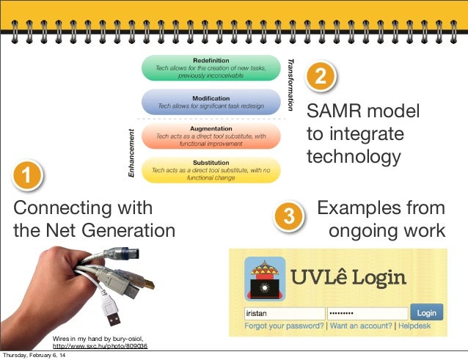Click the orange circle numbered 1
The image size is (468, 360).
point(26,177)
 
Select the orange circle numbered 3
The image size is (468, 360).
point(289,216)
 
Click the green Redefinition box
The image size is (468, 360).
point(211,67)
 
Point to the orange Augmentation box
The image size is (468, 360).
point(211,136)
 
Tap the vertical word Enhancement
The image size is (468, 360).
point(131,152)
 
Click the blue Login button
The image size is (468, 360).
point(426,312)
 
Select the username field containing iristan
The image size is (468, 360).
point(283,313)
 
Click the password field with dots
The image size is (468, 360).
point(367,313)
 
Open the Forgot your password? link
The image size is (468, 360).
point(284,326)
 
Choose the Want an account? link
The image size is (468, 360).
point(360,326)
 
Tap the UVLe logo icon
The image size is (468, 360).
point(265,278)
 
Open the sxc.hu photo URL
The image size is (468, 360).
point(100,345)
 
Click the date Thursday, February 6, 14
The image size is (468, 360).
point(32,356)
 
